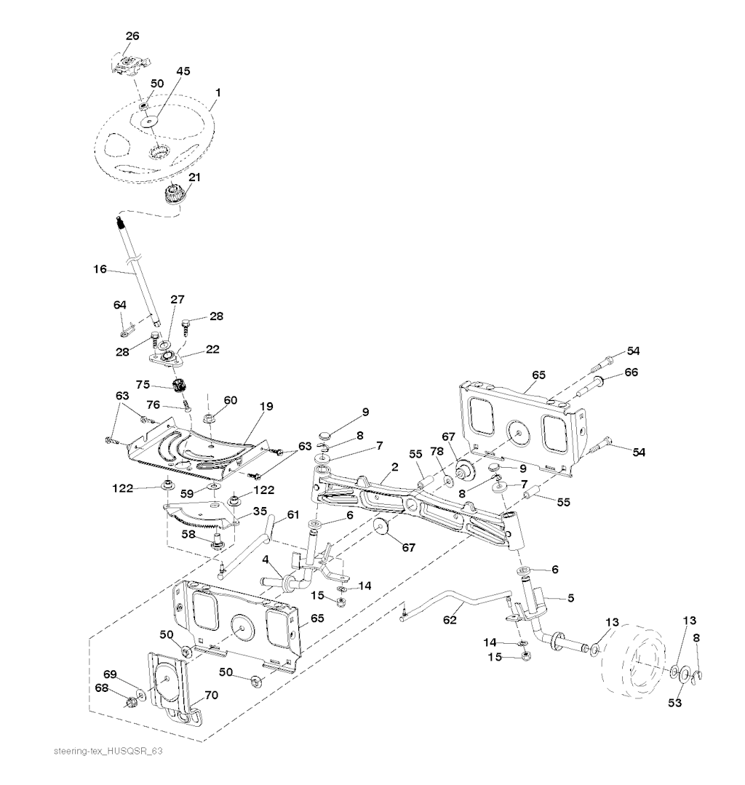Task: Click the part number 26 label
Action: pos(132,36)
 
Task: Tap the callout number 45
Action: pos(182,71)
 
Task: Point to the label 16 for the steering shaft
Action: pos(100,269)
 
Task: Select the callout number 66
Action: pos(629,372)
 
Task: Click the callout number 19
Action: pos(266,406)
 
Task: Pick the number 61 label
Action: pos(292,514)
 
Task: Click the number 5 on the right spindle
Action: pos(570,599)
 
